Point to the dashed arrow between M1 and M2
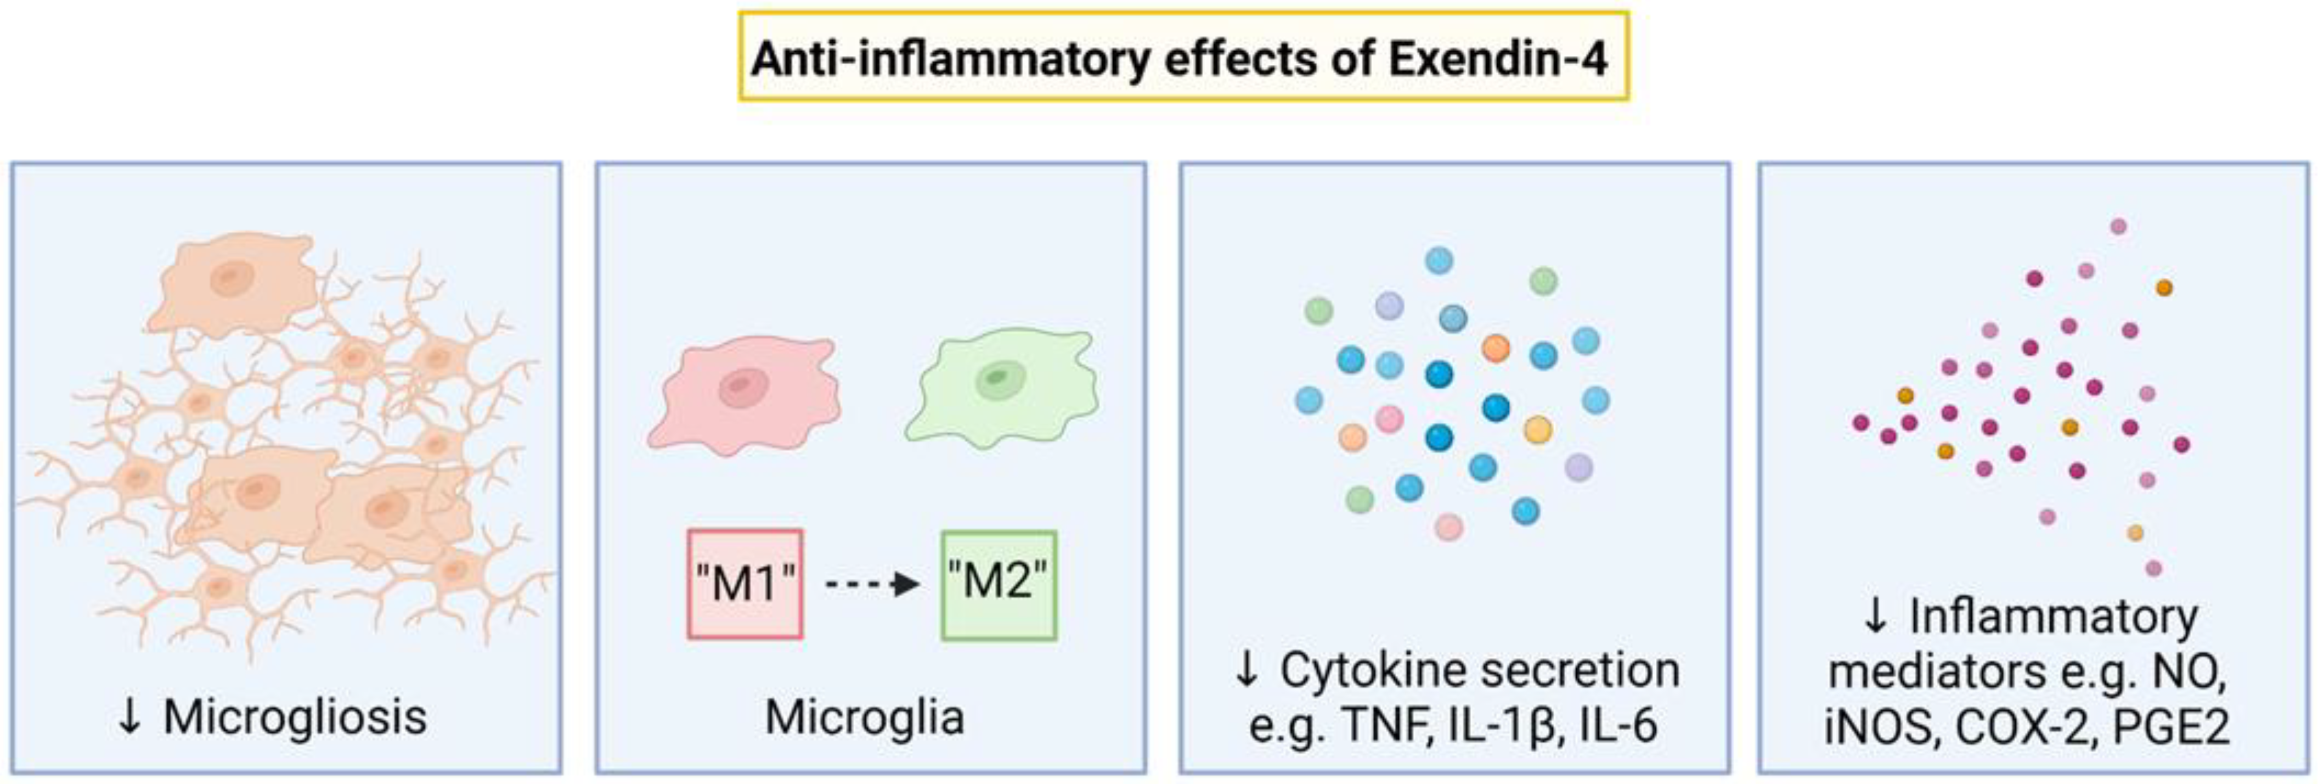click(871, 584)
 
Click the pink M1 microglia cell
click(743, 394)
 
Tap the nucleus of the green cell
click(997, 378)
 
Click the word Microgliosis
click(295, 718)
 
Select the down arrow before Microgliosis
click(131, 718)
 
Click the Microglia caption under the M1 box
click(865, 718)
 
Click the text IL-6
click(1619, 725)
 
